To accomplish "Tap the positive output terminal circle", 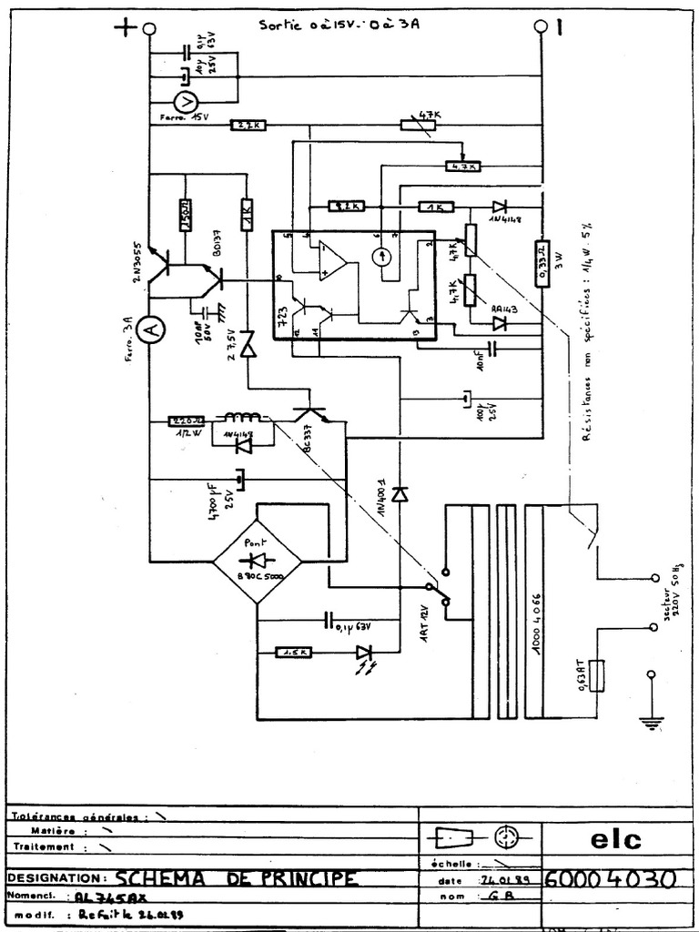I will click(149, 29).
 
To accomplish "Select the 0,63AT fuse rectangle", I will click(596, 675).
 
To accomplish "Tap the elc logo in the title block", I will click(615, 838).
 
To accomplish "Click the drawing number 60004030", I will click(609, 880).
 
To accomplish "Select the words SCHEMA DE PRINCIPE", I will click(236, 878).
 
